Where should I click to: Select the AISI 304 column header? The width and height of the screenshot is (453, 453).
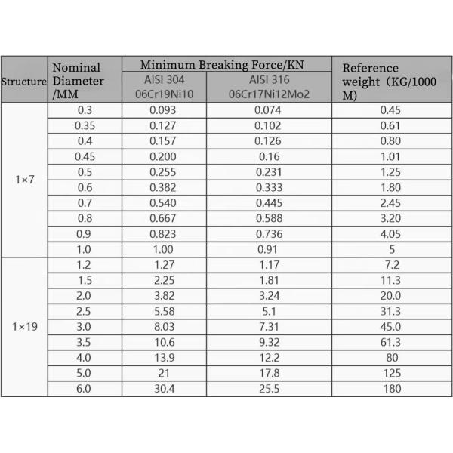point(163,86)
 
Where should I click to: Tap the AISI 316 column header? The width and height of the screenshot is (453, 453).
point(268,86)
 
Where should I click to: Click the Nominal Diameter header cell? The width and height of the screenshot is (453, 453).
point(85,80)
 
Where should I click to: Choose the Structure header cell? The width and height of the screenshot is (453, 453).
point(24,80)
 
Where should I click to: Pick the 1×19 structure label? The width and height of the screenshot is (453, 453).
point(24,327)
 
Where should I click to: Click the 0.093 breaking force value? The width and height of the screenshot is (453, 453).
point(163,110)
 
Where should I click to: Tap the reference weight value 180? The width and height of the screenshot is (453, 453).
point(392,390)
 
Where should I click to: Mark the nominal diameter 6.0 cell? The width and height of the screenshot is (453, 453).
point(85,390)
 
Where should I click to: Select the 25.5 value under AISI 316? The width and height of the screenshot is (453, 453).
point(268,390)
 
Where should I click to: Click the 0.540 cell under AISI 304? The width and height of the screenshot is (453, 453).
point(163,203)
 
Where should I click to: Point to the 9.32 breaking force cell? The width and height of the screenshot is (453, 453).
point(268,343)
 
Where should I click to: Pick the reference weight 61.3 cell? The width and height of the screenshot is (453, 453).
point(392,343)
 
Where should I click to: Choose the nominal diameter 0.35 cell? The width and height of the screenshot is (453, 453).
point(85,125)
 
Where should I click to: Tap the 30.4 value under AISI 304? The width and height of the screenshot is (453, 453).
point(163,390)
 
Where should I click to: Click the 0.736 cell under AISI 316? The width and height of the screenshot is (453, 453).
point(268,234)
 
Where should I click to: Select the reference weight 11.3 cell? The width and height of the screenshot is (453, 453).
point(392,281)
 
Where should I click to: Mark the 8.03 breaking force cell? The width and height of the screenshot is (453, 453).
point(163,327)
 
